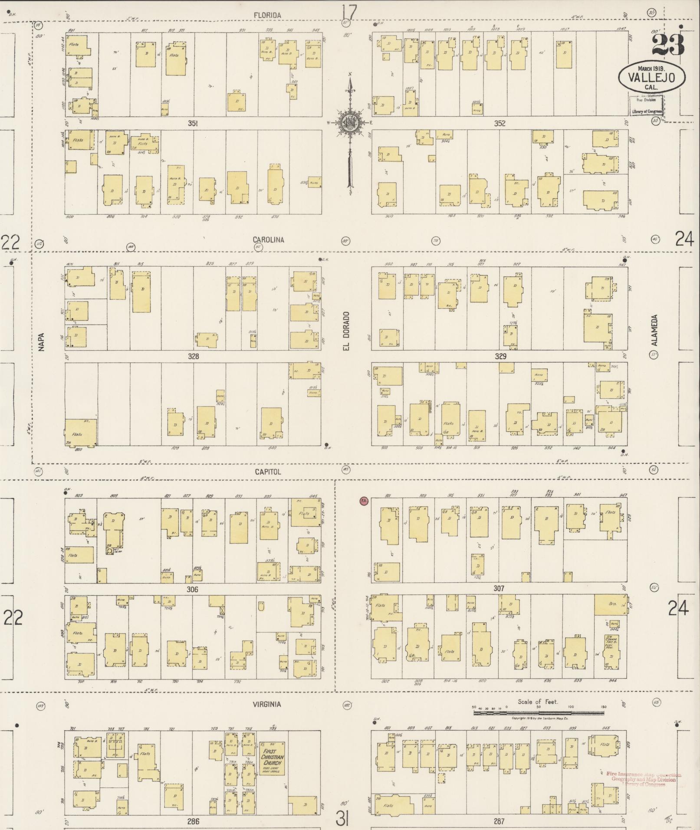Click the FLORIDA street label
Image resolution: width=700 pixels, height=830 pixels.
click(267, 16)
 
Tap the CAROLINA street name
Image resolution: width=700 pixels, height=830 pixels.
click(269, 240)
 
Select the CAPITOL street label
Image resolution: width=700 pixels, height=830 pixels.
click(268, 472)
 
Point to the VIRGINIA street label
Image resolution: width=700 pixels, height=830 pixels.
click(267, 705)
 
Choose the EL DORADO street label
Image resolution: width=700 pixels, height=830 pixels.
click(347, 331)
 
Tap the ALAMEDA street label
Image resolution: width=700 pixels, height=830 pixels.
click(654, 330)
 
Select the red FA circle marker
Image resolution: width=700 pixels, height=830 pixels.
click(364, 501)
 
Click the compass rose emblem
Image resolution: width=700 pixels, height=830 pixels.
click(349, 122)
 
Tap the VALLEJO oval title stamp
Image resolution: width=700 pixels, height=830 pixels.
click(652, 78)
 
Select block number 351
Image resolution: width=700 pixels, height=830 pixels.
click(193, 124)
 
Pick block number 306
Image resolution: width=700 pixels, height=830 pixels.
click(192, 590)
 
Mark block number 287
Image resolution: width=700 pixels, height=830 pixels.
click(499, 821)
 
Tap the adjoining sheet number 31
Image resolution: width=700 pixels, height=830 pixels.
click(342, 820)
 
